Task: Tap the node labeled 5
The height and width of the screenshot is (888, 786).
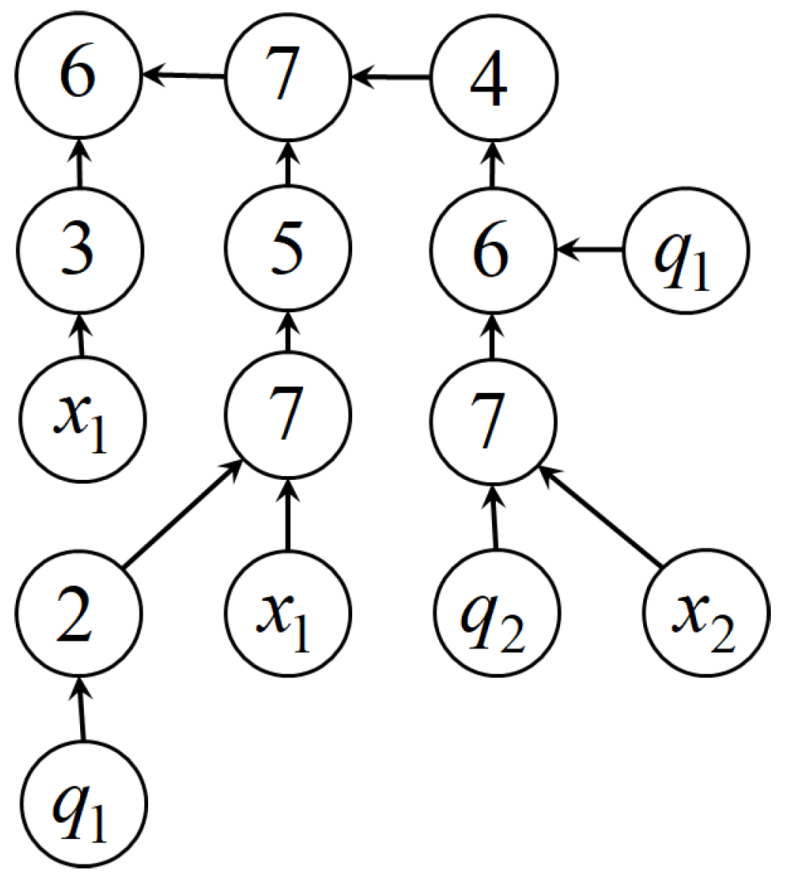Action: click(x=287, y=248)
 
